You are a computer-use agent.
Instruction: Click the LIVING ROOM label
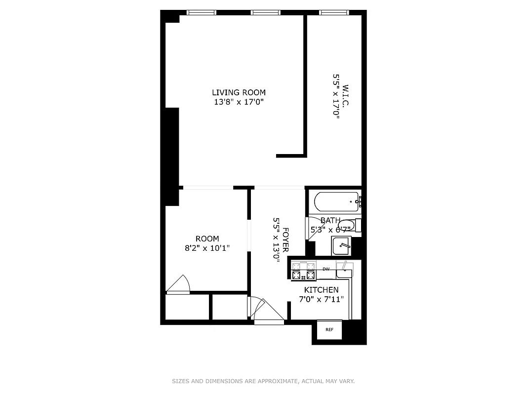coord(239,92)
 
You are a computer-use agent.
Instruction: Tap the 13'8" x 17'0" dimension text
coord(239,102)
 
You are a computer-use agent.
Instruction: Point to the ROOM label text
coord(207,239)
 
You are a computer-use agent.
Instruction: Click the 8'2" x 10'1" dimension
coord(207,248)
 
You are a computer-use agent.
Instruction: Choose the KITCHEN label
coord(321,290)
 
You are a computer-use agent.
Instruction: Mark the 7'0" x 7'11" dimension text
coord(321,299)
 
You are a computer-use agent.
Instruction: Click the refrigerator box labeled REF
coord(329,329)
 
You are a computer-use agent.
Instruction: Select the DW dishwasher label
coord(326,269)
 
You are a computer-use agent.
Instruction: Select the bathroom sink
coord(341,245)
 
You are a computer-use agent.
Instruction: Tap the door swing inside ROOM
coord(178,284)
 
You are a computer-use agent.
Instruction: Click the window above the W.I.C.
coord(334,13)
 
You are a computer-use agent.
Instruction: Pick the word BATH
coord(330,221)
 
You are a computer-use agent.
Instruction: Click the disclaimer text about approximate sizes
coord(263,381)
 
